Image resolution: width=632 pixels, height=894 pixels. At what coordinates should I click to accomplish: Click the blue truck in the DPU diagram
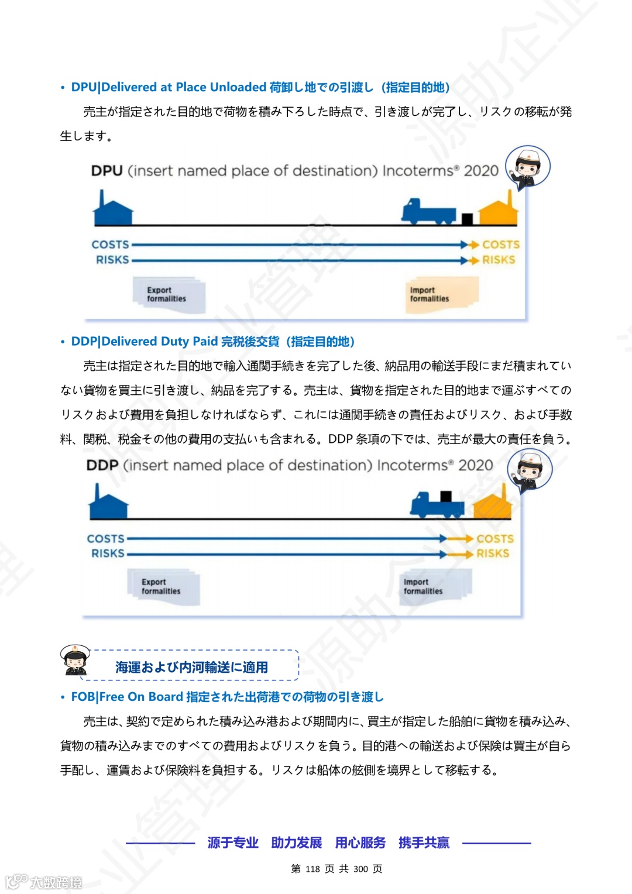point(428,211)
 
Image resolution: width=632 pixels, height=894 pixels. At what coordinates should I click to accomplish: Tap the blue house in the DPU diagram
point(113,209)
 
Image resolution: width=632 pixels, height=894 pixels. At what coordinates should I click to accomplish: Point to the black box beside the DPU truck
point(467,219)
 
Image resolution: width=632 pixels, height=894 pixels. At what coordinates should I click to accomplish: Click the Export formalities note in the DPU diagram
point(169,295)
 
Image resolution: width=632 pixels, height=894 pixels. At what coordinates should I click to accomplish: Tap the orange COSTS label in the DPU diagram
point(500,245)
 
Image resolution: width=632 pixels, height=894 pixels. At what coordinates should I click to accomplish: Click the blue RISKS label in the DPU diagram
point(112,260)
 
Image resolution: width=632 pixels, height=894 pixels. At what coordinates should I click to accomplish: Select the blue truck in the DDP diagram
point(437,504)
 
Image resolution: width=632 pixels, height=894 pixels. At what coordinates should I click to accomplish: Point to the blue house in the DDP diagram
point(108,503)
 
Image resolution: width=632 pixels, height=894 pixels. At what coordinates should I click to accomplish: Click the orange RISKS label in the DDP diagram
point(492,553)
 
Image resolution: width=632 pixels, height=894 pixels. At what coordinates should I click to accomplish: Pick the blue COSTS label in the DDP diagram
point(106,538)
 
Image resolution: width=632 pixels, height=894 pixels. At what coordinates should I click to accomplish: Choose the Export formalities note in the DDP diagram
point(163,586)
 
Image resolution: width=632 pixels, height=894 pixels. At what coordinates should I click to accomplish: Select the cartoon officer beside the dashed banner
point(75,660)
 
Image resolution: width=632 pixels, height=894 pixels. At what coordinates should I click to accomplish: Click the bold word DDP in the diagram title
point(102,465)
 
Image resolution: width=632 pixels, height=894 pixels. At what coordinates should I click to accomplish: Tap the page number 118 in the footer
point(312,869)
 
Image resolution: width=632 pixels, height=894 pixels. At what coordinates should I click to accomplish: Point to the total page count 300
point(360,869)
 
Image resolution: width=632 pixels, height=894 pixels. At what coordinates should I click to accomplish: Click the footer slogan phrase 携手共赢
point(424,843)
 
